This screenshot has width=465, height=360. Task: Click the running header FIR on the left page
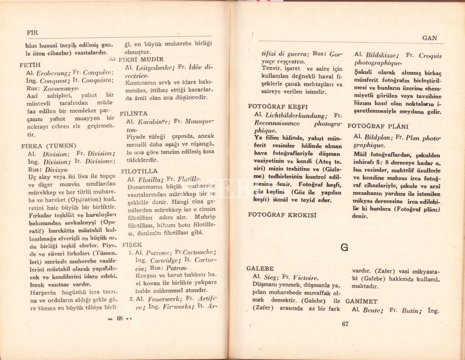pos(32,33)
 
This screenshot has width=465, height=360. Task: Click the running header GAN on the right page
pos(429,38)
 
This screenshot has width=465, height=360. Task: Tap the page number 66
pos(120,318)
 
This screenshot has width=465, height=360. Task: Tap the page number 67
pos(345,324)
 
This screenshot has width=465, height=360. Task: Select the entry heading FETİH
pos(30,65)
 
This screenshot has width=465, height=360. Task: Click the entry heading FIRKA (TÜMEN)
pos(49,146)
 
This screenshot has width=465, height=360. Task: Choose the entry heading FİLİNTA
pos(134,113)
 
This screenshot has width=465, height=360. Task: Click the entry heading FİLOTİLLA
pos(139,171)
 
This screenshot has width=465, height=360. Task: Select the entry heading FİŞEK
pos(132,245)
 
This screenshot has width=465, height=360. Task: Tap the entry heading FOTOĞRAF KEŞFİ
pos(278,107)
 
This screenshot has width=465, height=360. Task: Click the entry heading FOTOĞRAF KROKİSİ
pos(282,215)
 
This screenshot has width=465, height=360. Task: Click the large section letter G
pos(344,247)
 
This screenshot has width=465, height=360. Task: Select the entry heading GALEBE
pos(260,269)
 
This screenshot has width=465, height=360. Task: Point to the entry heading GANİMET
pos(361,301)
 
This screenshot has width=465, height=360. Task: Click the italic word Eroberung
pos(52,73)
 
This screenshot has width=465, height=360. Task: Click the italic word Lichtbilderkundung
pos(296,116)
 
